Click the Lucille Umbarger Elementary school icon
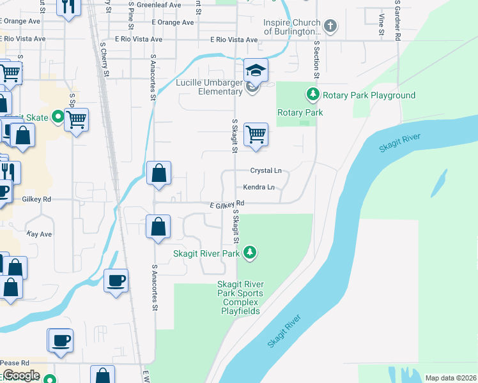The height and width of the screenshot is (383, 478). coord(256,70)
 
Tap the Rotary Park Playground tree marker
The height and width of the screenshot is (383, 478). coord(312,95)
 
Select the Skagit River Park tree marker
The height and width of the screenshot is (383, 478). coord(251,253)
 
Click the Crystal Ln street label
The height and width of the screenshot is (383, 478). coord(265,171)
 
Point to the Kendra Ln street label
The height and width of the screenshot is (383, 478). coord(259,188)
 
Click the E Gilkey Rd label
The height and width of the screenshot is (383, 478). coord(227,204)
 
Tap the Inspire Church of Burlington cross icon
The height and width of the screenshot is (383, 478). coord(330,27)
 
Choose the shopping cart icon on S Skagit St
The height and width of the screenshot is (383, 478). coord(256,135)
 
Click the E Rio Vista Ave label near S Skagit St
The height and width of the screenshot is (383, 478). coord(234,40)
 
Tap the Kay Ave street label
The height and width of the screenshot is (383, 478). coord(39,234)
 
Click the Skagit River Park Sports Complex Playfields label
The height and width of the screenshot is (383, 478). coord(240,297)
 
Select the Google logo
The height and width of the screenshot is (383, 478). coord(21,376)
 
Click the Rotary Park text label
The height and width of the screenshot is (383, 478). coord(300,113)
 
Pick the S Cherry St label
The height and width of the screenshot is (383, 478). coord(104,61)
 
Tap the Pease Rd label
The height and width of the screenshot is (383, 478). coord(16,363)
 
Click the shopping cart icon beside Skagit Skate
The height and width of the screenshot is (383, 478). coord(76,119)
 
